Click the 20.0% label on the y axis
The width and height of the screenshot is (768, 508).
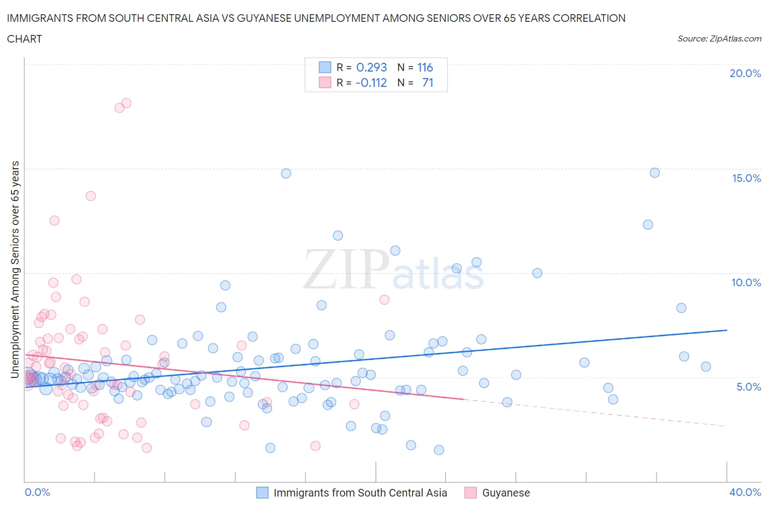745,73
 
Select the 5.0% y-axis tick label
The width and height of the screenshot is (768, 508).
748,387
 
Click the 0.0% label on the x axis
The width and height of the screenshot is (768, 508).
37,492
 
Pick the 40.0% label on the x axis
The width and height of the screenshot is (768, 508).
745,492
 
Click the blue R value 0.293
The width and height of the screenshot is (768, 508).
371,67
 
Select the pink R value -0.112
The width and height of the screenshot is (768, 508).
371,82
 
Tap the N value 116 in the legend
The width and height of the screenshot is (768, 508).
425,67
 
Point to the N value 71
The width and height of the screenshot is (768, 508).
428,82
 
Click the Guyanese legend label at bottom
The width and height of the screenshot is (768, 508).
506,493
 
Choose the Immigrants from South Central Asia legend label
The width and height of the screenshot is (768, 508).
360,493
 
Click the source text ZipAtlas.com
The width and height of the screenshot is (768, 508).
719,39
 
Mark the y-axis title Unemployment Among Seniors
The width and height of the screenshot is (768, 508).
15,269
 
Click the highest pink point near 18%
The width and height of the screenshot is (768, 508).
126,103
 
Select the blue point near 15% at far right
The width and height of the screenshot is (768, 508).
654,173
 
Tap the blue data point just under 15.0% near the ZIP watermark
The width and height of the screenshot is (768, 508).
286,173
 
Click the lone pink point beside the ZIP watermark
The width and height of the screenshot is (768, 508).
384,299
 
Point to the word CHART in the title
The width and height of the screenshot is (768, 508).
25,39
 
